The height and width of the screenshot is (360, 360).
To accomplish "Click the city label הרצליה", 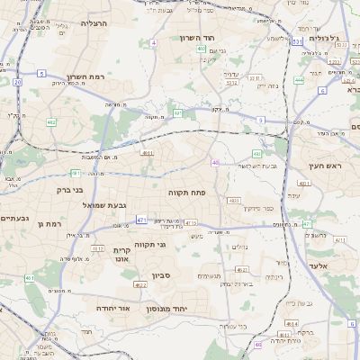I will click(x=94, y=23).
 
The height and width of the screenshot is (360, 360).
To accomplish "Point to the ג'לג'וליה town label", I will click(x=322, y=39).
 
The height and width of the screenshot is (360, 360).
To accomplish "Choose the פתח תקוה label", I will click(x=186, y=193).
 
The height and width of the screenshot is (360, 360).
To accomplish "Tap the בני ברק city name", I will click(x=64, y=190).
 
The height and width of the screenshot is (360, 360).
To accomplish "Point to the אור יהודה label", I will click(x=113, y=308).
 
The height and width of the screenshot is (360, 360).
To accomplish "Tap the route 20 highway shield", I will click(x=17, y=82).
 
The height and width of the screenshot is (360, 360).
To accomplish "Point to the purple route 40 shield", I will click(x=215, y=163).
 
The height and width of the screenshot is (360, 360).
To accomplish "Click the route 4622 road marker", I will click(x=140, y=284).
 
